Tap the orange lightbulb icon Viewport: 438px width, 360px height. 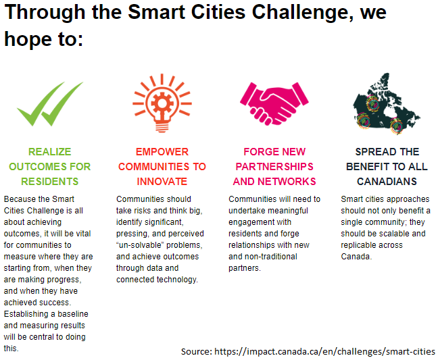click(162, 103)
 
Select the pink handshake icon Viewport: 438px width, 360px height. click(274, 103)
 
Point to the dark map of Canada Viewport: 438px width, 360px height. click(387, 103)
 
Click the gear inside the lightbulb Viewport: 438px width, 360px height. click(162, 103)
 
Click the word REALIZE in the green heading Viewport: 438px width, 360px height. click(50, 152)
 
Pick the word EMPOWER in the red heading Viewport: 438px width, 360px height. click(162, 152)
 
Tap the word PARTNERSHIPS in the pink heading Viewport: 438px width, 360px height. click(274, 167)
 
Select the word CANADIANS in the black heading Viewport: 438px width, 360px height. click(387, 182)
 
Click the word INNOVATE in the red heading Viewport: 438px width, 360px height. click(162, 182)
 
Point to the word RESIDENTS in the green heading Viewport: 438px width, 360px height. click(50, 182)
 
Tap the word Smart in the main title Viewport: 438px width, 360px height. click(156, 12)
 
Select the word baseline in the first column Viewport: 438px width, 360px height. click(73, 314)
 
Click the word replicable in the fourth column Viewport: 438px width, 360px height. click(356, 245)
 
